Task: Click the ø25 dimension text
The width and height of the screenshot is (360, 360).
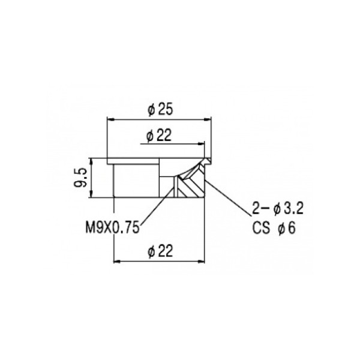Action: point(161,110)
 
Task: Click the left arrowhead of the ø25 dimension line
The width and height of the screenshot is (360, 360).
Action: point(110,120)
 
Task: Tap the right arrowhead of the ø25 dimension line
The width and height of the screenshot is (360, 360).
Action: point(212,120)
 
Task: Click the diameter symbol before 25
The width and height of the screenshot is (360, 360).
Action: point(151,110)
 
